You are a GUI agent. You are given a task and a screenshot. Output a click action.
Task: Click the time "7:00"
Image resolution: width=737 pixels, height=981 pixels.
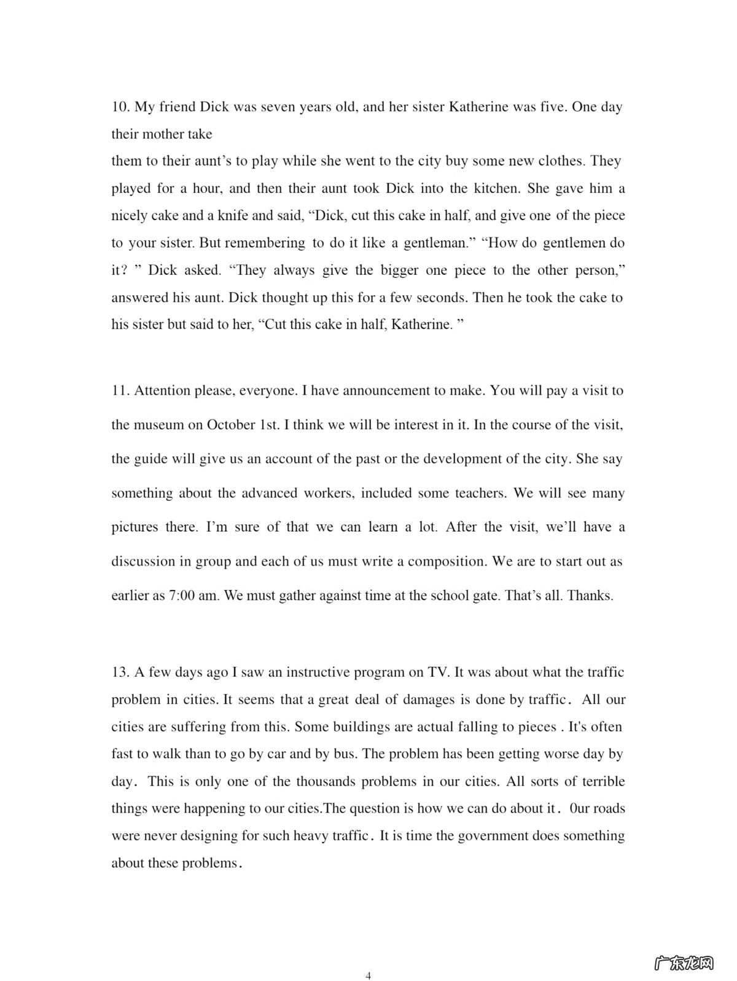(x=181, y=596)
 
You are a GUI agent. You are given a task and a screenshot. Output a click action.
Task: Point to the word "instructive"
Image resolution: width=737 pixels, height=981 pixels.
(x=324, y=672)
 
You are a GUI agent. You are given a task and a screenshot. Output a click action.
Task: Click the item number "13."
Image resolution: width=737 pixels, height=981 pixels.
(x=120, y=672)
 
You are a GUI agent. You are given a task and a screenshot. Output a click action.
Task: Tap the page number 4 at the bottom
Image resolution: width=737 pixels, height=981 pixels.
(x=368, y=975)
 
